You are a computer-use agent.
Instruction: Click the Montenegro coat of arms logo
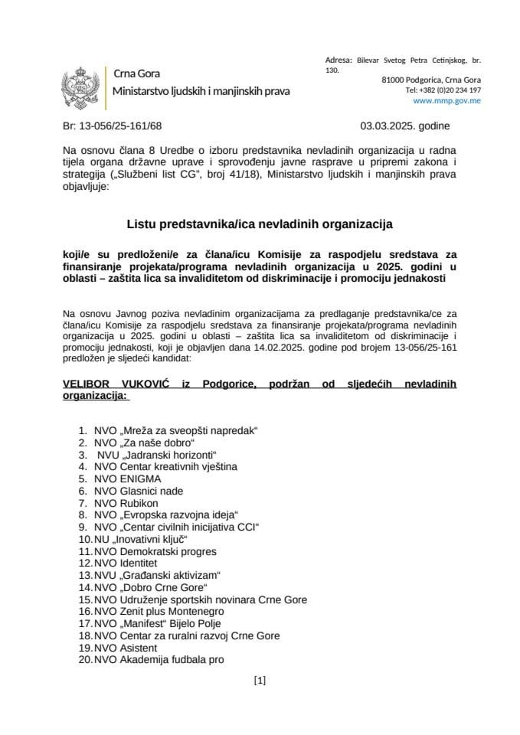[81, 84]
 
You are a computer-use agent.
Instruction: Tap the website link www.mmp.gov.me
[446, 100]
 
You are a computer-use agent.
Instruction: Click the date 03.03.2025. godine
[405, 126]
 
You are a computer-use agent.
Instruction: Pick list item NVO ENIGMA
[127, 479]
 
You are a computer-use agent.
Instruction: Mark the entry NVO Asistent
[126, 647]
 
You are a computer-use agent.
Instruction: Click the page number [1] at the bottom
[259, 680]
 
